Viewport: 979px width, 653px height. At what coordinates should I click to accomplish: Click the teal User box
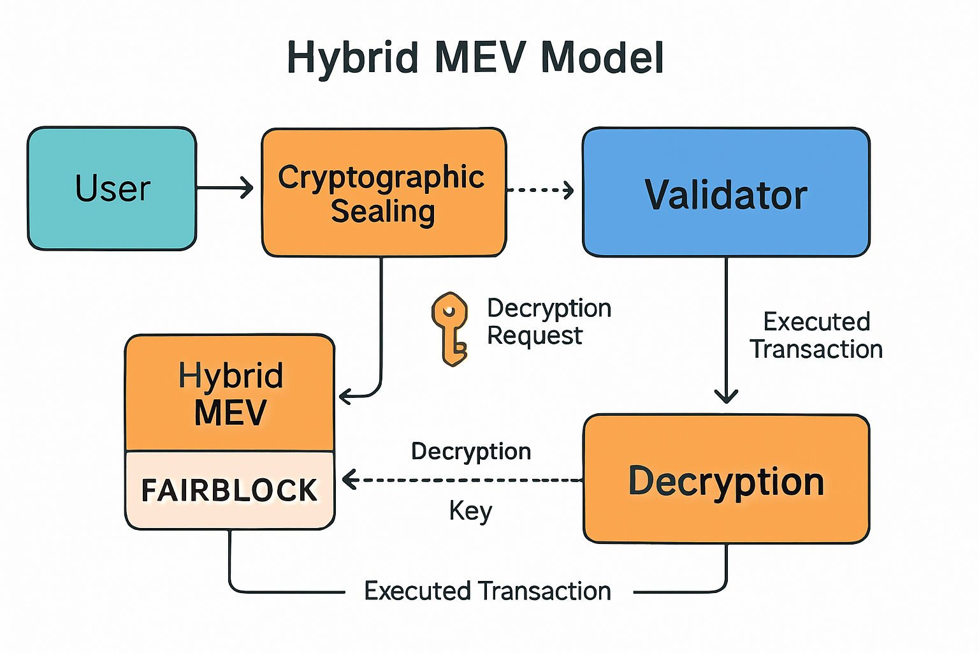coord(112,188)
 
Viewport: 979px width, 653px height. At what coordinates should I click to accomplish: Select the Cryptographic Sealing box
coord(384,193)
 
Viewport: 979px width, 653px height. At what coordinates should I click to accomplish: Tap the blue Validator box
coord(726,193)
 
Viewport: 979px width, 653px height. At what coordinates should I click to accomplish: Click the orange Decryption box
coord(726,479)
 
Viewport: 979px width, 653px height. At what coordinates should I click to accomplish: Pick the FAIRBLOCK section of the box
coord(229,490)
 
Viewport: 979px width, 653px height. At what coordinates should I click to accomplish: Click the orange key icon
coord(450,328)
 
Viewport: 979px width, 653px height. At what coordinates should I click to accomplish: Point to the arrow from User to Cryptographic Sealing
coord(225,188)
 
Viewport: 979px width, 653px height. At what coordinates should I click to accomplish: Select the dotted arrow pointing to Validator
coord(540,189)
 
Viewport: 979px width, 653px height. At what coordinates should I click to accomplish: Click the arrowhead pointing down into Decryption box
coord(726,395)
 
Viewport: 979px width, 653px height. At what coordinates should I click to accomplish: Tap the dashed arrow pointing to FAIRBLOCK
coord(459,480)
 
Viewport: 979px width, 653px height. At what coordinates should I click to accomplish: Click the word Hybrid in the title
coord(352,57)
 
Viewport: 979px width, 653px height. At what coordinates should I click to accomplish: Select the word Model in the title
coord(602,57)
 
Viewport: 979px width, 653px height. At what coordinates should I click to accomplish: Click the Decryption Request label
coord(548,321)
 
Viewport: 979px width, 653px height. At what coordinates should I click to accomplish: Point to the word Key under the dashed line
coord(470,511)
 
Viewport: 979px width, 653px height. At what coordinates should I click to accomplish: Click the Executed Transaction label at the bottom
coord(488,591)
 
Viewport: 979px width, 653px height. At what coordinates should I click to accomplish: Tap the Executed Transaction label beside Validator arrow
coord(816,335)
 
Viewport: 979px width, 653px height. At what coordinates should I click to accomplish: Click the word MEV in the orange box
coord(230,413)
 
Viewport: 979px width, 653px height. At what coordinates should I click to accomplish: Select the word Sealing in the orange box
coord(383,211)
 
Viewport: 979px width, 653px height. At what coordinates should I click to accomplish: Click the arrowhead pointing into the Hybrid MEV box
coord(345,396)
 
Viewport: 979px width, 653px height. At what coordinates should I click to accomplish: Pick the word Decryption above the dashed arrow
coord(471,451)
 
